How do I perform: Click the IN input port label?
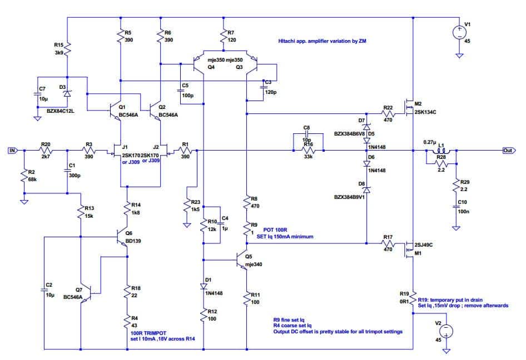click(x=12, y=151)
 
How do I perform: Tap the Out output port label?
click(x=509, y=151)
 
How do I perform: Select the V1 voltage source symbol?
click(x=459, y=32)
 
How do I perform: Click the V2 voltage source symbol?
click(x=446, y=331)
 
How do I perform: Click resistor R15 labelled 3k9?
click(x=67, y=49)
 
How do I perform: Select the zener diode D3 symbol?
click(x=67, y=93)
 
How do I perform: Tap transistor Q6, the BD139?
click(x=122, y=237)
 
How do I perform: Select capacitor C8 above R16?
click(x=306, y=133)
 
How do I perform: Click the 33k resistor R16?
click(x=308, y=151)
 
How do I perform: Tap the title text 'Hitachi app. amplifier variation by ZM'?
click(x=322, y=41)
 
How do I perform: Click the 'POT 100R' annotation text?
click(x=275, y=230)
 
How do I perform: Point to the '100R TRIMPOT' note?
click(x=148, y=333)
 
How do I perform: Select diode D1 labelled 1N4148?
click(x=204, y=286)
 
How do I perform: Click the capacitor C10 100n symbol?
click(x=456, y=207)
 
